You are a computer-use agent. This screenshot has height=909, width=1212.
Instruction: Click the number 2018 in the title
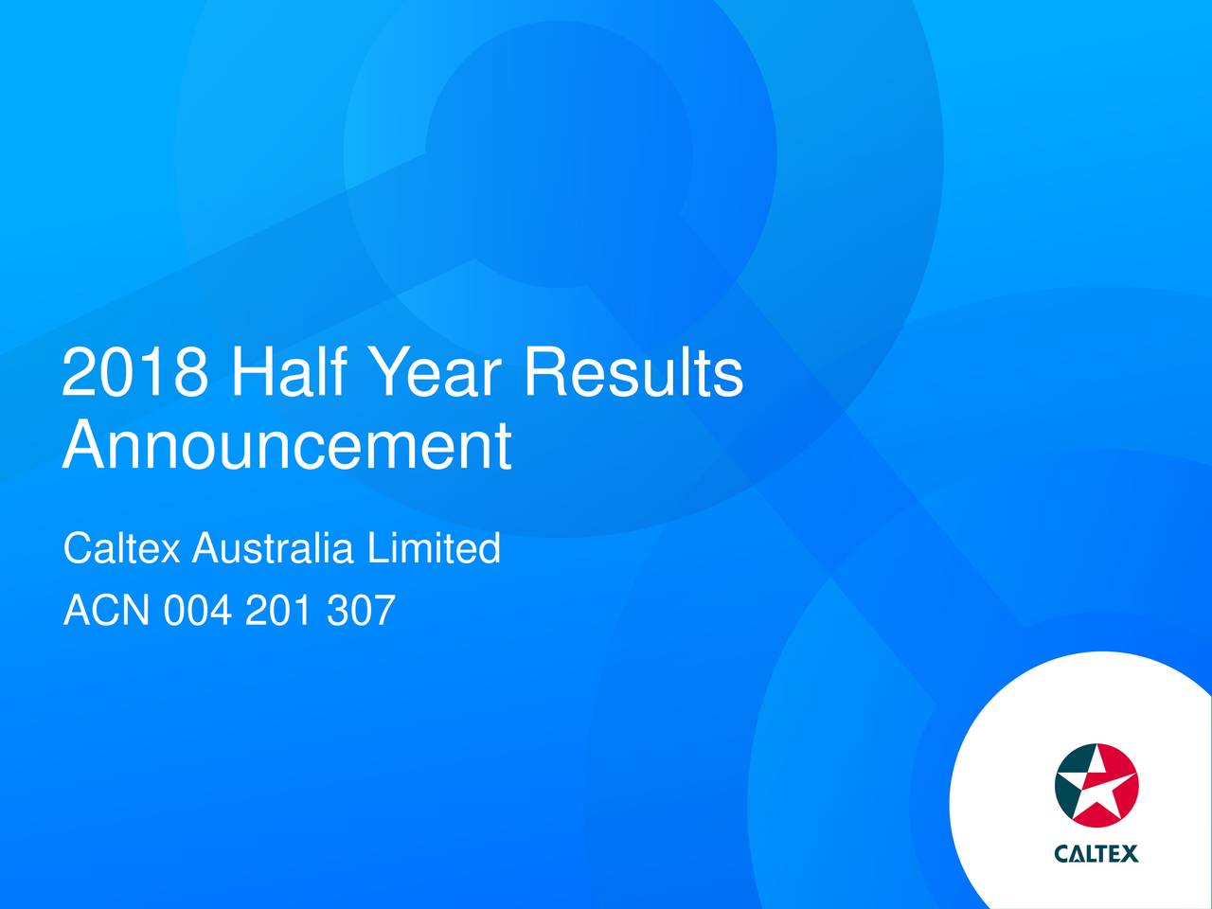pyautogui.click(x=135, y=371)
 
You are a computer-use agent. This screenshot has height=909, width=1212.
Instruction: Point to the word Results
pyautogui.click(x=633, y=371)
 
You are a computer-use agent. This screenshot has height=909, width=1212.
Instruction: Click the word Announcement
pyautogui.click(x=287, y=445)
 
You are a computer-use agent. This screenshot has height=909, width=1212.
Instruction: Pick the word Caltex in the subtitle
pyautogui.click(x=122, y=548)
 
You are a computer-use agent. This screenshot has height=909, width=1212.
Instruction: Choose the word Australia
pyautogui.click(x=272, y=548)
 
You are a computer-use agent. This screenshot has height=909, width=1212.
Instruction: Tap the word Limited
pyautogui.click(x=434, y=548)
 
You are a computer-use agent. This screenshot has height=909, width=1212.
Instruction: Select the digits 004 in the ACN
pyautogui.click(x=197, y=610)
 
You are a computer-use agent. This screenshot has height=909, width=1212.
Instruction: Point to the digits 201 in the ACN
pyautogui.click(x=278, y=610)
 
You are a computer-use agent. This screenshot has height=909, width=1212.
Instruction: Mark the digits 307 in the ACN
pyautogui.click(x=361, y=610)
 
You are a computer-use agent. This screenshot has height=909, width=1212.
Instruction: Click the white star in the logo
pyautogui.click(x=1096, y=784)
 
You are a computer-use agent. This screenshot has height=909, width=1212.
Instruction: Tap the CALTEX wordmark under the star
pyautogui.click(x=1096, y=853)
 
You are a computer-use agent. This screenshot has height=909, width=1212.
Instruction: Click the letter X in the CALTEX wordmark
pyautogui.click(x=1130, y=853)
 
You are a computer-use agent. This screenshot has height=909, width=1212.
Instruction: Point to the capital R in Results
pyautogui.click(x=544, y=371)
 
